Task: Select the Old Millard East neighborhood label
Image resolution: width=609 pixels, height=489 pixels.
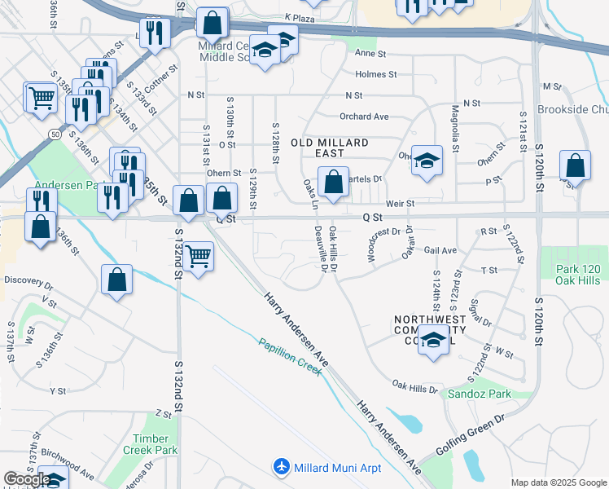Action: (x=335, y=148)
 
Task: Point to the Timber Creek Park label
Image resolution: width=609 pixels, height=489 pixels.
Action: (x=156, y=444)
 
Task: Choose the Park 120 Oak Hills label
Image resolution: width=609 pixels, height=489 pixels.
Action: (x=577, y=275)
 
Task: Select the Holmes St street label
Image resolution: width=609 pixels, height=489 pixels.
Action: (x=375, y=74)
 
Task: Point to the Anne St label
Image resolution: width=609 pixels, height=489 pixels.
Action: (x=370, y=53)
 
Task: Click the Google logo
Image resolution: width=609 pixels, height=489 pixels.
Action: (x=27, y=479)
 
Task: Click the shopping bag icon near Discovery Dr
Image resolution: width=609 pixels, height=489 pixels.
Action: (x=117, y=280)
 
